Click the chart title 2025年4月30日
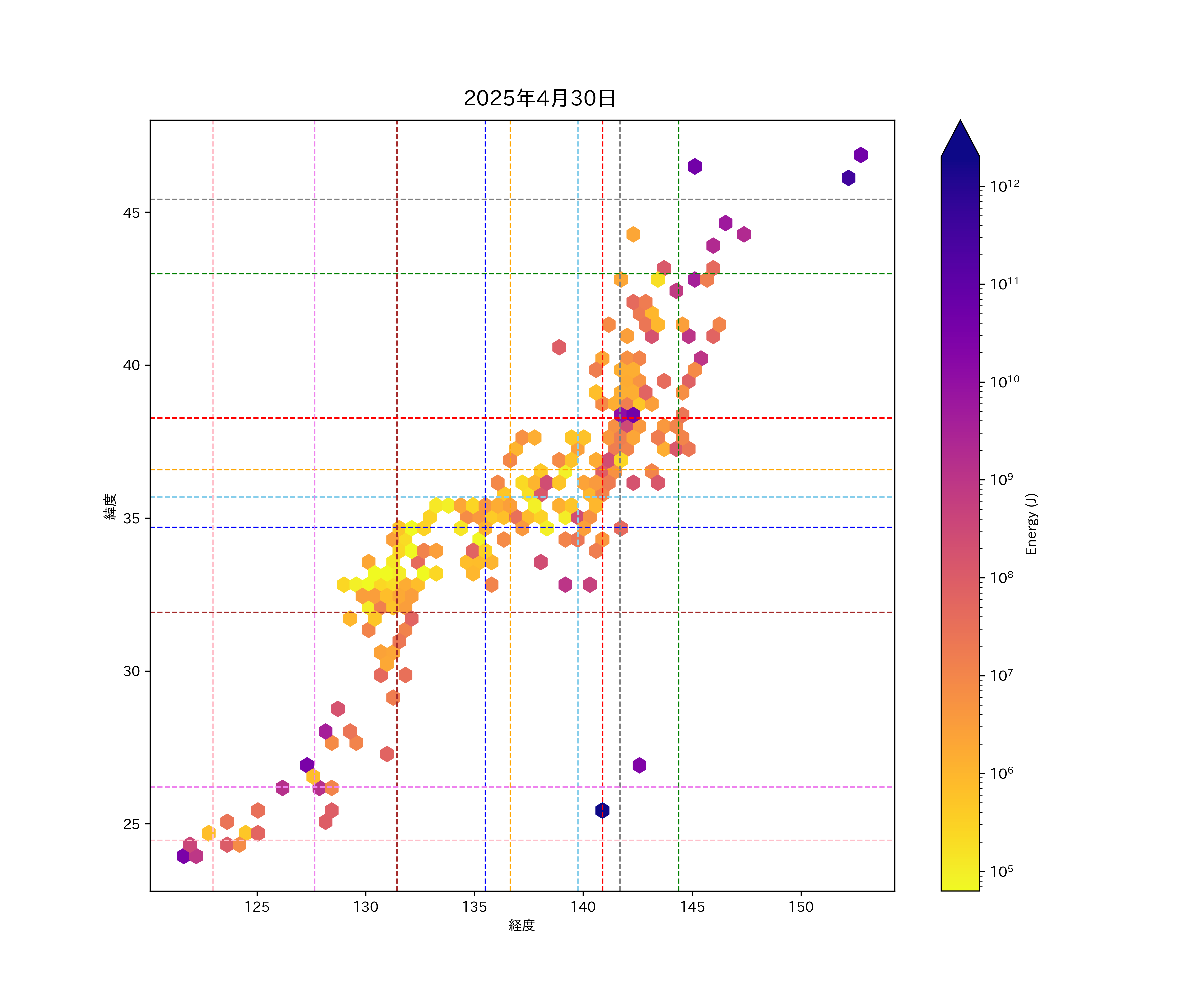(x=539, y=98)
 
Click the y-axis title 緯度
(x=110, y=506)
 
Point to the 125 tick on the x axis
(x=257, y=907)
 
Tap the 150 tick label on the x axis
(x=801, y=907)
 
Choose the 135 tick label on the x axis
(x=474, y=907)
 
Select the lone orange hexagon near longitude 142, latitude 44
(x=633, y=234)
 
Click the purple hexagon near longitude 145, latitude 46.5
(x=694, y=166)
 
